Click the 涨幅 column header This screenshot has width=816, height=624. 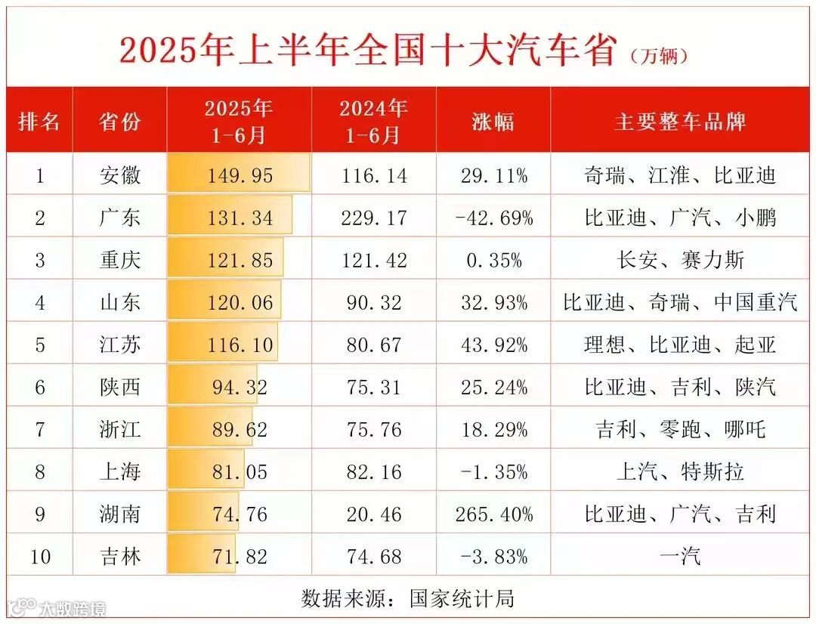pos(493,121)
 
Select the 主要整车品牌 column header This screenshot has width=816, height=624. pos(680,121)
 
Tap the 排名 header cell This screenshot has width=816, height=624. pos(39,121)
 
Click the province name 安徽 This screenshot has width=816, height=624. pos(120,176)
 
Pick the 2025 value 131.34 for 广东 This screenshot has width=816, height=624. pos(240,218)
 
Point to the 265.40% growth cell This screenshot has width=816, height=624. pos(494,514)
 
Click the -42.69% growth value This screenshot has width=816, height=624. pos(494,218)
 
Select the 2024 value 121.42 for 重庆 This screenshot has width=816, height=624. pos(373,261)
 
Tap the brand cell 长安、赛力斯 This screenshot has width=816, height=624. pos(680,261)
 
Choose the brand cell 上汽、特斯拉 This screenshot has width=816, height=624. pos(680,472)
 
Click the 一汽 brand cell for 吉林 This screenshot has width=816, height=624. pos(680,557)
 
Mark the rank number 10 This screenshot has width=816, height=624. pos(40,557)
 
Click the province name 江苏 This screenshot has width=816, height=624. pos(120,345)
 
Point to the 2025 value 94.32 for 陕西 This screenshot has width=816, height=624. pos(240,388)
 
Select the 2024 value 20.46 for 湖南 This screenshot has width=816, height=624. pos(373,514)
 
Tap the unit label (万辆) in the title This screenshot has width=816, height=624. pos(659,56)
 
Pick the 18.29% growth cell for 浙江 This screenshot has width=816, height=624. pos(494,430)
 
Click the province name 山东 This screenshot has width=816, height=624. pos(120,303)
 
